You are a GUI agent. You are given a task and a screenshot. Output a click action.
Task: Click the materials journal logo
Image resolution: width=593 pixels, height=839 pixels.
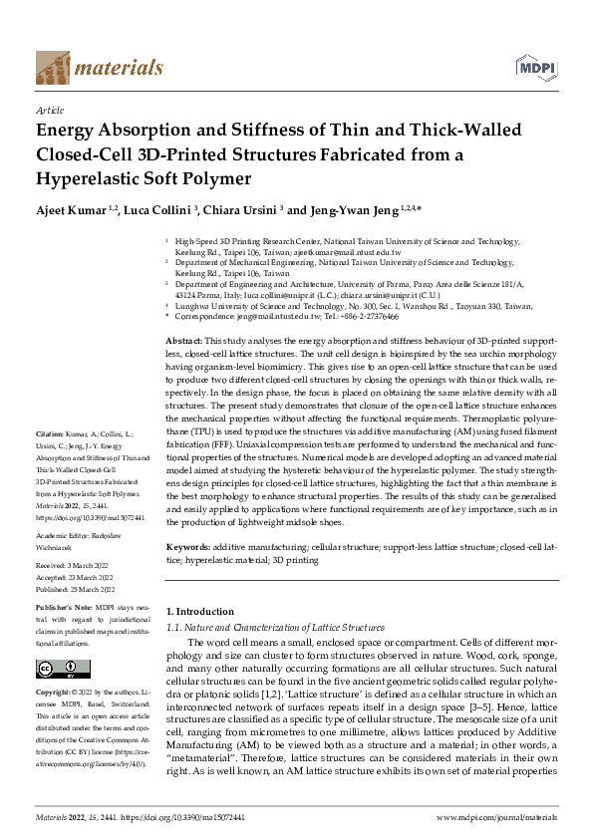[x=99, y=67]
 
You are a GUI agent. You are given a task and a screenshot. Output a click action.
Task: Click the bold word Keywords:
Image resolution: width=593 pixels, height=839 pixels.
[x=188, y=547]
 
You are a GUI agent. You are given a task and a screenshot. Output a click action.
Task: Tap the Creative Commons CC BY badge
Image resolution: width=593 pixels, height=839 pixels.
[x=63, y=669]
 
